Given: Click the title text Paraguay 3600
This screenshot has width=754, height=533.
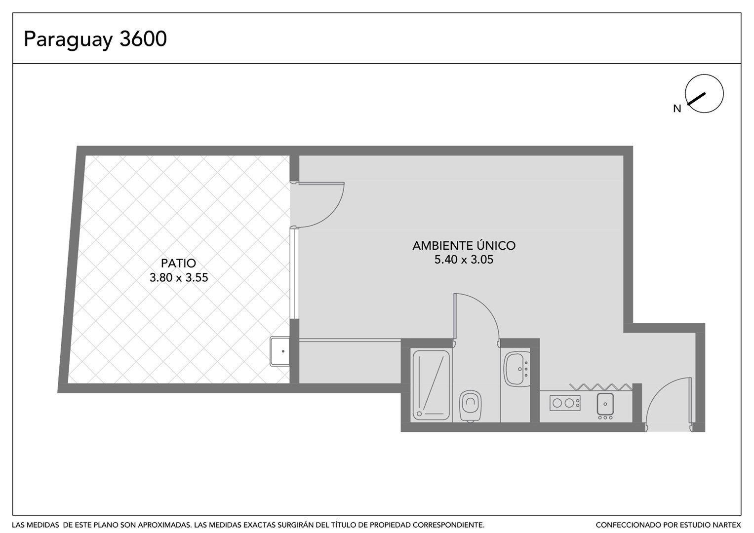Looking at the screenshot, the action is pyautogui.click(x=95, y=39).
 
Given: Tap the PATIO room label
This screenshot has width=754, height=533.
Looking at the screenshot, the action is pyautogui.click(x=178, y=263).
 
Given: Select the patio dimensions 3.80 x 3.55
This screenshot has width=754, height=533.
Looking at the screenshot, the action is pyautogui.click(x=179, y=277).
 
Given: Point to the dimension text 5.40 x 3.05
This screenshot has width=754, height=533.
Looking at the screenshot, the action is pyautogui.click(x=464, y=260).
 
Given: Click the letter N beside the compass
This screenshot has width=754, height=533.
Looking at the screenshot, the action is pyautogui.click(x=677, y=109).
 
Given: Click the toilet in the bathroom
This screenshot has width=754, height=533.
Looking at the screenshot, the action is pyautogui.click(x=470, y=405).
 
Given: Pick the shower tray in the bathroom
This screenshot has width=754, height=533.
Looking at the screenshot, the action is pyautogui.click(x=431, y=385).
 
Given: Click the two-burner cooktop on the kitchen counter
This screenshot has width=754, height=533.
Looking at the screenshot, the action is pyautogui.click(x=565, y=403).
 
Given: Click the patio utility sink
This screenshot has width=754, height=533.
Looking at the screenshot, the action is pyautogui.click(x=279, y=351).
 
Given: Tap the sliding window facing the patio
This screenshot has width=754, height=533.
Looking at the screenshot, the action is pyautogui.click(x=294, y=273).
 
